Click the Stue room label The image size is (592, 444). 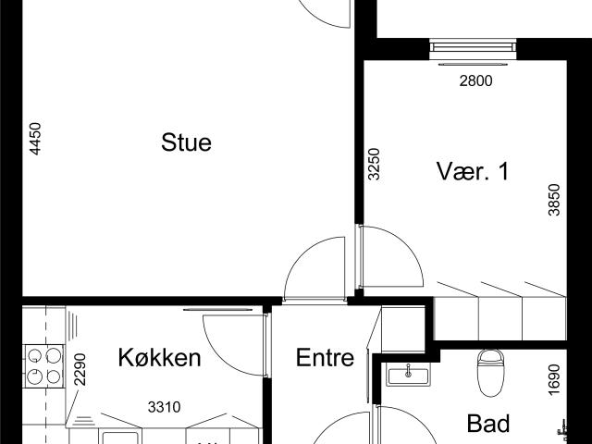point(186,142)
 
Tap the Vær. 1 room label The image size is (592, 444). point(473,171)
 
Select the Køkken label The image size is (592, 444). point(159,358)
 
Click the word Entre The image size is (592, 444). point(325,358)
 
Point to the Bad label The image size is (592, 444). point(487,424)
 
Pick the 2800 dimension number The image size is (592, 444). point(475,80)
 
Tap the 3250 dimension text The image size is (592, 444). point(374,164)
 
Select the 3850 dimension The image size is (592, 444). point(554,199)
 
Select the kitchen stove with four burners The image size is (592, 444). point(43,365)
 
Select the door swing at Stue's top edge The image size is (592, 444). point(328,11)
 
